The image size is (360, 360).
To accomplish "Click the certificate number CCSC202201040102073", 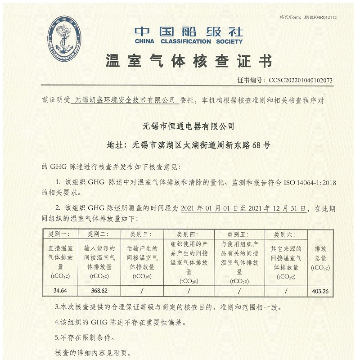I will pos(301,80).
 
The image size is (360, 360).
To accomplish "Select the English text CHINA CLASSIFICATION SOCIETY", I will pos(189,41).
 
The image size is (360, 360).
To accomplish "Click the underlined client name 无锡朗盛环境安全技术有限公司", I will pos(125,100).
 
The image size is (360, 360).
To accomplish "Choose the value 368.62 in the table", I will pos(99,291).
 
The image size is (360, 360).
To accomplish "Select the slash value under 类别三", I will pos(142,291).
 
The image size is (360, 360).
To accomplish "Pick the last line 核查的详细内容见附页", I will pos(94,351).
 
